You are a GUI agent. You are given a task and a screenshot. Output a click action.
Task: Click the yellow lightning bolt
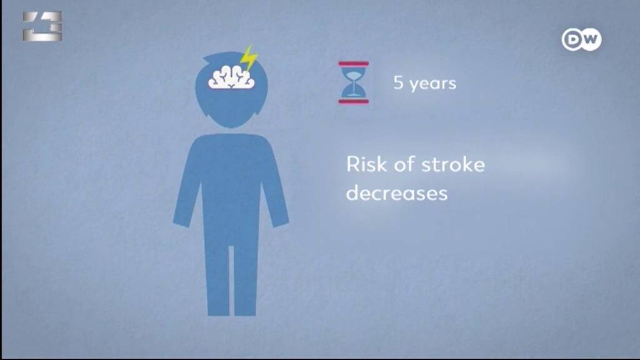click(248, 59)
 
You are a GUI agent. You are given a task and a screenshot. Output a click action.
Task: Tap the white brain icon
click(231, 77)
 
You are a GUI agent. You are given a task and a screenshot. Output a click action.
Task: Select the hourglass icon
click(354, 82)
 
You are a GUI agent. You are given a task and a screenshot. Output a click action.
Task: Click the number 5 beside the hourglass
click(398, 82)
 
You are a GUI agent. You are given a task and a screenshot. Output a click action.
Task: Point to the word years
click(432, 84)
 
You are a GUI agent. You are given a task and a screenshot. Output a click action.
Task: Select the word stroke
click(452, 164)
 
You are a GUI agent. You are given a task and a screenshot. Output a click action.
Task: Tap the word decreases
click(397, 192)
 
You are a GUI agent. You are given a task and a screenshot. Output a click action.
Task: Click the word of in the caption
click(403, 164)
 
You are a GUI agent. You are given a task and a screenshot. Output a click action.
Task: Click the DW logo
click(581, 39)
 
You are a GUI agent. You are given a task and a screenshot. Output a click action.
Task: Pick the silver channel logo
click(42, 26)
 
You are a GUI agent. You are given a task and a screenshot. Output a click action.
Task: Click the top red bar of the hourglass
click(354, 64)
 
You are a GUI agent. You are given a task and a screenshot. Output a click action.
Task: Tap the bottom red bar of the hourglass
click(354, 101)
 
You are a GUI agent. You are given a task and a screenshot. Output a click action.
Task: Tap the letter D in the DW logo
click(574, 39)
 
